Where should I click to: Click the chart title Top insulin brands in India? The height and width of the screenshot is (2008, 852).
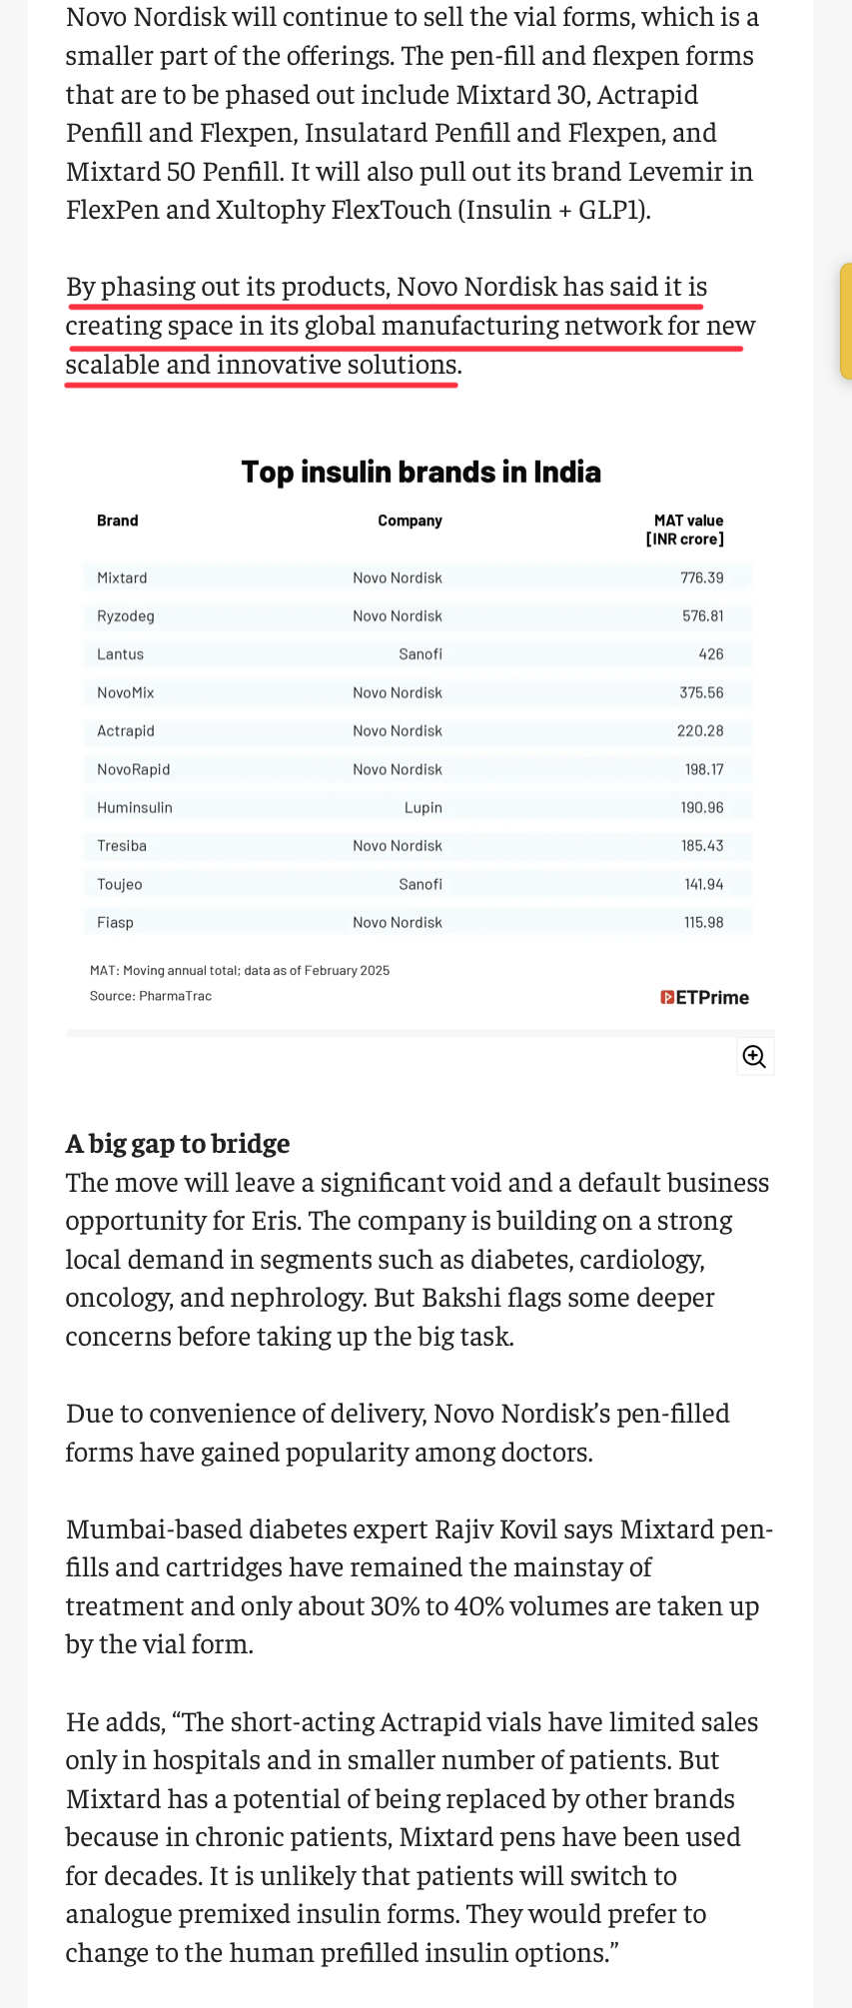click(421, 472)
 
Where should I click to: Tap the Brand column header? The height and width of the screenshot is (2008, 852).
click(117, 520)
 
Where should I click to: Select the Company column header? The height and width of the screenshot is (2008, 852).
click(410, 520)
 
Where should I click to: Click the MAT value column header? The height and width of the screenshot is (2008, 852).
click(687, 529)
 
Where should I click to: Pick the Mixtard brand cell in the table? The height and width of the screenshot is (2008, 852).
click(122, 578)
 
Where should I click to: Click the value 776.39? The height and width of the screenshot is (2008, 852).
click(702, 578)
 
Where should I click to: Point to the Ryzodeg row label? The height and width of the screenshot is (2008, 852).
click(126, 616)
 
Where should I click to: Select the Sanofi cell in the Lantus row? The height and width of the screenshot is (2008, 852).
click(421, 654)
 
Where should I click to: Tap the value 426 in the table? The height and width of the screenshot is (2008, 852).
click(711, 654)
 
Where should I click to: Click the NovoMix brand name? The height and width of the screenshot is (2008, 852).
click(126, 692)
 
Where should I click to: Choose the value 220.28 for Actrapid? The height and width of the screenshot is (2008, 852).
click(700, 731)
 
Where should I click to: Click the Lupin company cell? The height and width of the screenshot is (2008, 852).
click(424, 807)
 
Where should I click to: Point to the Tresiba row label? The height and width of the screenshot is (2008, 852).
click(122, 846)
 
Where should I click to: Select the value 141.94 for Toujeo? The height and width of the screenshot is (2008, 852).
click(704, 884)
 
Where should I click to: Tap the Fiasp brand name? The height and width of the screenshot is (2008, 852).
click(115, 922)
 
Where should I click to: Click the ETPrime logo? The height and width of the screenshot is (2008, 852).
click(705, 997)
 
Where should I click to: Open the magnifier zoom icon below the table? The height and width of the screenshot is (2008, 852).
click(754, 1056)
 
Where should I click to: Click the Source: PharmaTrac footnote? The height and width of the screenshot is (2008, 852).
click(151, 996)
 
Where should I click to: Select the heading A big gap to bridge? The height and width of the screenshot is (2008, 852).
click(178, 1143)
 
